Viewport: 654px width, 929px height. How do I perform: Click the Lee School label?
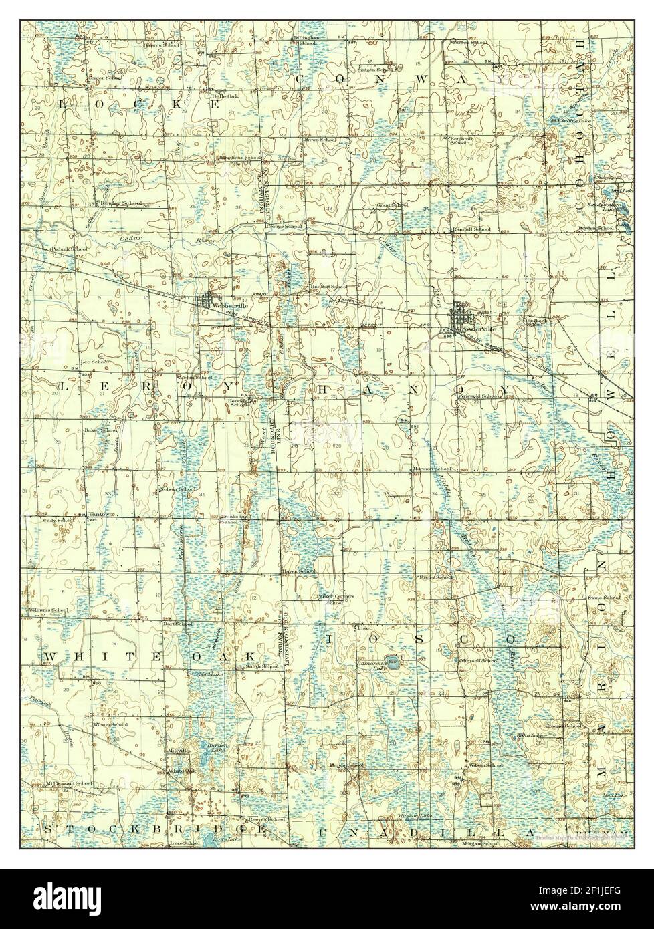[x=94, y=362]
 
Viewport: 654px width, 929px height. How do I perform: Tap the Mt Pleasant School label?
[x=69, y=783]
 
